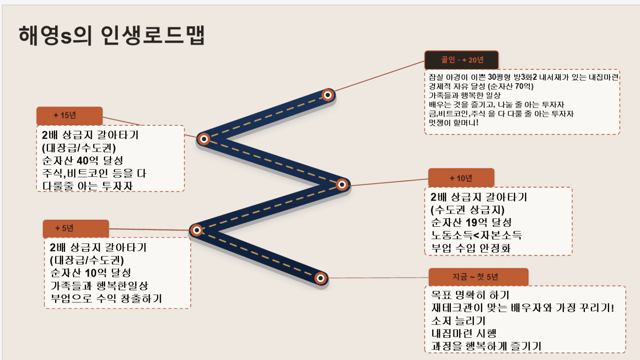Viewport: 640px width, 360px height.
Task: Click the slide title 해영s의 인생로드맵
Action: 112,35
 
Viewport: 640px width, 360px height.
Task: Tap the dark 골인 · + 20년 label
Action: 461,60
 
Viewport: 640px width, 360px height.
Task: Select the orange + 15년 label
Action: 69,115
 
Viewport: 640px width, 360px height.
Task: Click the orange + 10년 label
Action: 461,178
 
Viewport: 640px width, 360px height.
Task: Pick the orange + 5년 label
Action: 76,228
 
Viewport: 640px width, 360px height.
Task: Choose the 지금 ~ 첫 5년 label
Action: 478,277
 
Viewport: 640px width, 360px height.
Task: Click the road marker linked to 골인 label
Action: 328,95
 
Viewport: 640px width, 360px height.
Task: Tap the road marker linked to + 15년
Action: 204,139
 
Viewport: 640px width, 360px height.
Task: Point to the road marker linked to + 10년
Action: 342,185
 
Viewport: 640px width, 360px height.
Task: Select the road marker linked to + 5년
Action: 197,230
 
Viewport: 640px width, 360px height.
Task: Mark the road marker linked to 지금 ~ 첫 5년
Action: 321,278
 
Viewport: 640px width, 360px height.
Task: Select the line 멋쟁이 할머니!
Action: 453,123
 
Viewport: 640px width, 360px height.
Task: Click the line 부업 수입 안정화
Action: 471,248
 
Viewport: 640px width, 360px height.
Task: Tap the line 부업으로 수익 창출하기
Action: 106,299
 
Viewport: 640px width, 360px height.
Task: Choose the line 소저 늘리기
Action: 458,321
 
